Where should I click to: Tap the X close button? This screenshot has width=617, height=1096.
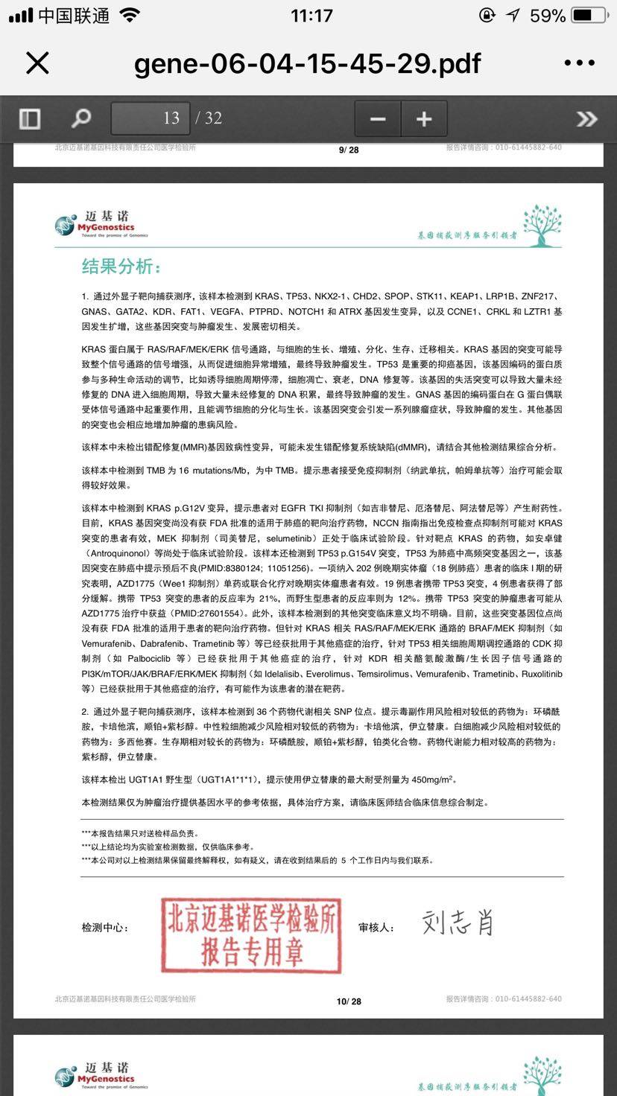click(x=37, y=63)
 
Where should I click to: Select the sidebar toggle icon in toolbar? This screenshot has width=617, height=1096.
click(x=30, y=118)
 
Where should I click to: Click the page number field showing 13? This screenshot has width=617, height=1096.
click(x=151, y=118)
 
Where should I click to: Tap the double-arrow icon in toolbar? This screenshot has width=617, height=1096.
click(x=586, y=118)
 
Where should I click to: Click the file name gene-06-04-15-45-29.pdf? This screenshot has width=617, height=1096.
click(x=307, y=63)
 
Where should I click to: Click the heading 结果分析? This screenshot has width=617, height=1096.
click(x=121, y=267)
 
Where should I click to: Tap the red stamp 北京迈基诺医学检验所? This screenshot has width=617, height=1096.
click(x=251, y=934)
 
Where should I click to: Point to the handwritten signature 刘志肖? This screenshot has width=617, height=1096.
click(x=458, y=923)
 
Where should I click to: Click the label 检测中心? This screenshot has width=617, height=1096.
click(x=105, y=928)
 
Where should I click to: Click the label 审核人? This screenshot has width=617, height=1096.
click(x=376, y=928)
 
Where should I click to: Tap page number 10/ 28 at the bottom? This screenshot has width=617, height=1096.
click(x=349, y=1001)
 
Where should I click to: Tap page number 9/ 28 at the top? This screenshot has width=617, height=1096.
click(x=349, y=150)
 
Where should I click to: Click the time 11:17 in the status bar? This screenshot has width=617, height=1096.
click(x=311, y=16)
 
